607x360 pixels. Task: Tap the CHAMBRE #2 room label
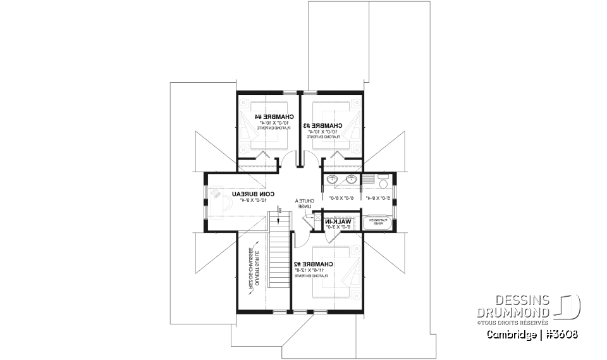click(x=314, y=263)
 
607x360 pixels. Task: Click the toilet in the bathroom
click(x=382, y=182)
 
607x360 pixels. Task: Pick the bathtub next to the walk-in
click(x=377, y=222)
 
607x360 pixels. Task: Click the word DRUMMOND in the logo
click(x=513, y=312)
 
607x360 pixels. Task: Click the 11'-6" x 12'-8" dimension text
click(x=314, y=270)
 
